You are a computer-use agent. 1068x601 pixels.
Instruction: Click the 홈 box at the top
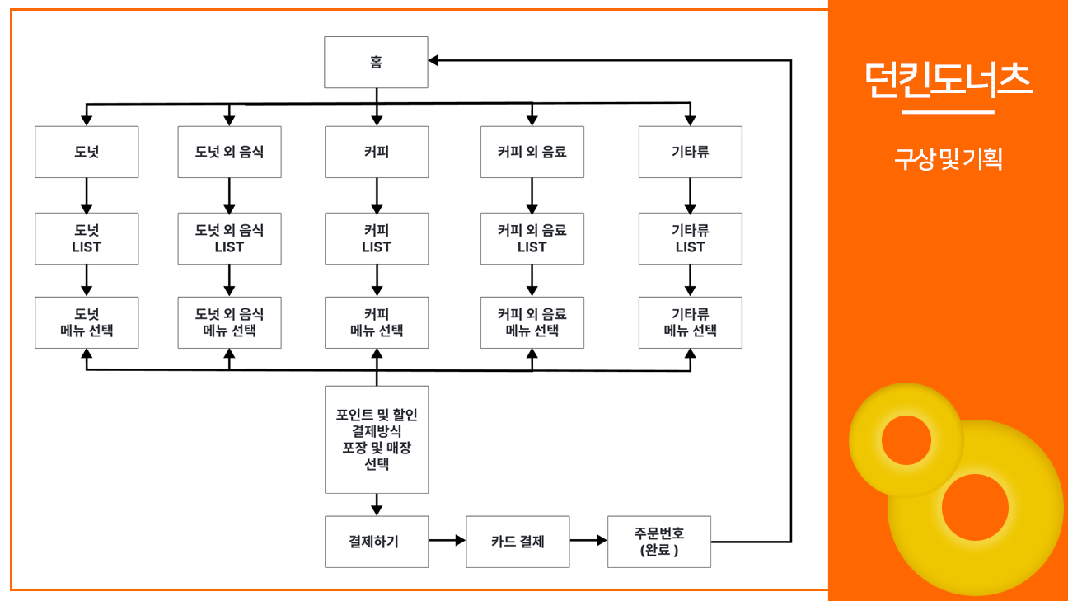click(376, 62)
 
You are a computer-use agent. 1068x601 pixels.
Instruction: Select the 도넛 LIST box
click(87, 238)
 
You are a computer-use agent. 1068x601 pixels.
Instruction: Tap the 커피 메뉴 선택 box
click(377, 322)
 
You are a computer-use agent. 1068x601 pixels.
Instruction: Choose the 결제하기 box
click(377, 542)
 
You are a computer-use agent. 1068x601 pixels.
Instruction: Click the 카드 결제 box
click(518, 542)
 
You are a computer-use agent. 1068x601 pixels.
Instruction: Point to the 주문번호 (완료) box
click(659, 542)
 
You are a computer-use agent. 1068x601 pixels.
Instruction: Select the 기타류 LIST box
click(691, 238)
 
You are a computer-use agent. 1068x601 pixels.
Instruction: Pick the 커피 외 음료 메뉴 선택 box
click(532, 322)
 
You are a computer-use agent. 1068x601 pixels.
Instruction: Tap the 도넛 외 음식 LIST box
click(230, 238)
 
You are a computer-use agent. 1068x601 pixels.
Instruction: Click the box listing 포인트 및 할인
click(377, 439)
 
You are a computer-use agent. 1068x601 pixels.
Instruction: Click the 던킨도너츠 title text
click(948, 80)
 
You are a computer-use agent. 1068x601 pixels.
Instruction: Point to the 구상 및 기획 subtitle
click(948, 159)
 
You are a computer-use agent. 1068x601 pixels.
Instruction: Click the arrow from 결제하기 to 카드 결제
click(447, 541)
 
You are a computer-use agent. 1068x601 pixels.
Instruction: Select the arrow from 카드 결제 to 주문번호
click(588, 541)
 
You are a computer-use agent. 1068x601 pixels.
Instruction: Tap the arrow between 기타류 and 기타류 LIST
click(691, 195)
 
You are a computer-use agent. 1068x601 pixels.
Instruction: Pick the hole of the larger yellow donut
click(975, 507)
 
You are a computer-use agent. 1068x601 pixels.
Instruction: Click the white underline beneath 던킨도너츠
click(948, 111)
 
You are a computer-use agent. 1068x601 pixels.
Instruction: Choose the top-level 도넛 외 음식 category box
click(230, 152)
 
